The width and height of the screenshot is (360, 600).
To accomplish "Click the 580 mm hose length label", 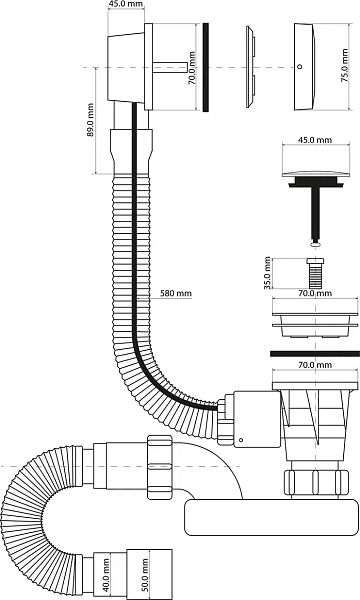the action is tap(176, 293).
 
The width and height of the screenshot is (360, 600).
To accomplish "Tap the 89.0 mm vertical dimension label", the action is tap(90, 120).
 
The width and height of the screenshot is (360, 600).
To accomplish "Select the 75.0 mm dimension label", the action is tap(345, 66).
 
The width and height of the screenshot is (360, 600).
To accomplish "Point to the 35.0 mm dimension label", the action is tap(267, 273).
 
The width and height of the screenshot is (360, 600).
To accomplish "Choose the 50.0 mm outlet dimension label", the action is tap(145, 574).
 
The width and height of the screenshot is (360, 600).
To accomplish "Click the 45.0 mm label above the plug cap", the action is tap(315, 140).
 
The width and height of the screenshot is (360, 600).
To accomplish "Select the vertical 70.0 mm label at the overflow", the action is tap(192, 68).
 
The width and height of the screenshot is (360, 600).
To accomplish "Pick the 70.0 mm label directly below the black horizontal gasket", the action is tap(315, 365).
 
